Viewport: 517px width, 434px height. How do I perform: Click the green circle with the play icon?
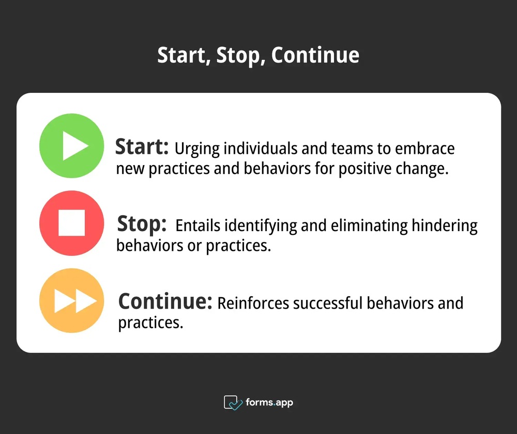pos(72,146)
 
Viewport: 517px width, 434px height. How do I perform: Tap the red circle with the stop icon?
pos(72,223)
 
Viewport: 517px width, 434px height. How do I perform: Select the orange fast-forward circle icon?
pos(72,300)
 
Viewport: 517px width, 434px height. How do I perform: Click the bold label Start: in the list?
pos(142,147)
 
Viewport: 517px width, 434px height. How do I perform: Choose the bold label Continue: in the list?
pos(165,301)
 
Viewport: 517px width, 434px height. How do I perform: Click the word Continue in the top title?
pos(315,55)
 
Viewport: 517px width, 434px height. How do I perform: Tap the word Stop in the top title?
pos(239,55)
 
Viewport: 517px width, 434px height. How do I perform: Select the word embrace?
pos(425,149)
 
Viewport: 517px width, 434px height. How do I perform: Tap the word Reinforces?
pos(253,303)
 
